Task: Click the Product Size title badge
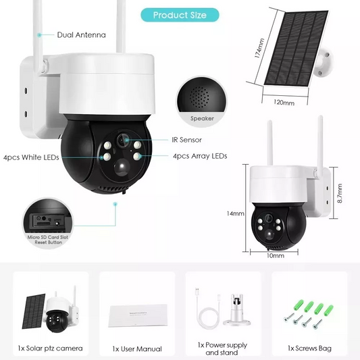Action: coord(180,15)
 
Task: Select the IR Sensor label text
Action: coord(186,140)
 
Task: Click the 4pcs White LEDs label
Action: coord(30,157)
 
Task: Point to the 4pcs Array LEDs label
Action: coord(200,156)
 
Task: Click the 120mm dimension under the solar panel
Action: coord(284,103)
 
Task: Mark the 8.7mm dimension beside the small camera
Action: coord(340,195)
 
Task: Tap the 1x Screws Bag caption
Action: coord(309,349)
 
